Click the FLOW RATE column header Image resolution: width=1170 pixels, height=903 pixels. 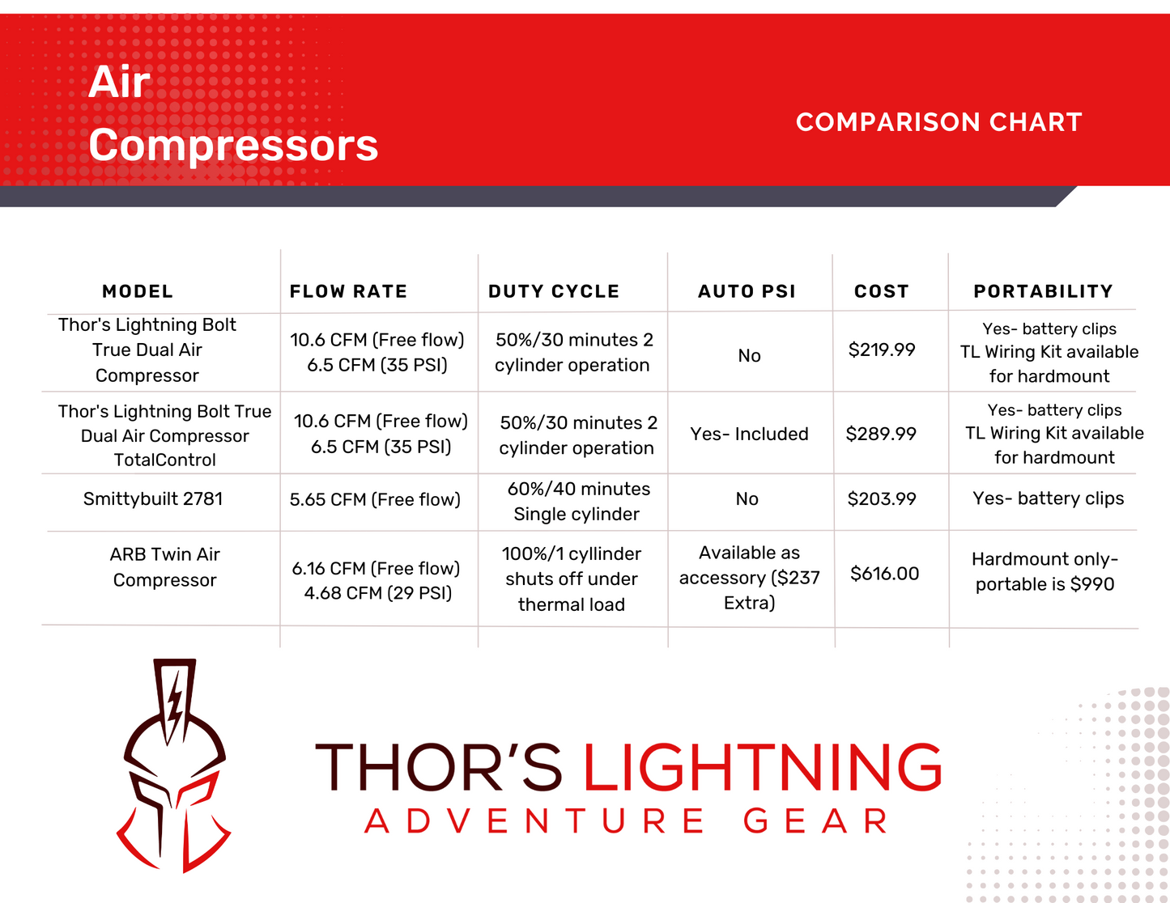point(348,291)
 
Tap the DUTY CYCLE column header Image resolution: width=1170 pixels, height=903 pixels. point(554,291)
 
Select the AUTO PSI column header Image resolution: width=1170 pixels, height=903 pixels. point(747,291)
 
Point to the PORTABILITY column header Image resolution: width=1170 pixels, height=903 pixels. point(1043,291)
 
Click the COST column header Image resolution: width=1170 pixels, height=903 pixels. point(881,291)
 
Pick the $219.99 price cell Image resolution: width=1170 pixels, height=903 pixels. point(882,350)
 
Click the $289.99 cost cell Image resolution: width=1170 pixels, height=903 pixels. point(881,434)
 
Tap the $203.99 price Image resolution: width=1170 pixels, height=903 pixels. point(882,499)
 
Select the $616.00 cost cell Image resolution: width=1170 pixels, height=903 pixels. point(884,574)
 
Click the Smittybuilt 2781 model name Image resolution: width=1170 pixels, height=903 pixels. point(153,499)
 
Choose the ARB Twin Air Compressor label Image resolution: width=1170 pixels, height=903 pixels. point(165,567)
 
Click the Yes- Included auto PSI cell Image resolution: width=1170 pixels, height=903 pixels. point(749,434)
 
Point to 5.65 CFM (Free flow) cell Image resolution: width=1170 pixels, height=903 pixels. point(375,500)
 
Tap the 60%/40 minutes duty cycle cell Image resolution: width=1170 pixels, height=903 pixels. point(577,501)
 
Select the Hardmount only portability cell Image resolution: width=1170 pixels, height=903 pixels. point(1044,571)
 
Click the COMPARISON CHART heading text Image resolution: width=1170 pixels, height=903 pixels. point(938,122)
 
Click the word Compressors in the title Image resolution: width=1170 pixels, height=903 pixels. point(233,146)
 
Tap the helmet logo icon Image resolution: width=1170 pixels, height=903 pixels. point(175,765)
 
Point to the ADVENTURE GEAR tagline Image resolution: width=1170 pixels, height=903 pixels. point(627,821)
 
